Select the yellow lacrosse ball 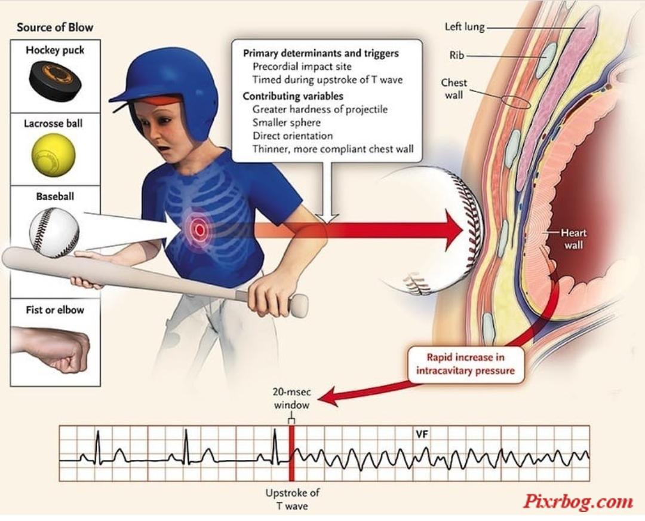54,155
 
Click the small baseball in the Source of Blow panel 54,232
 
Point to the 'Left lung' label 465,27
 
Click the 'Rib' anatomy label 457,55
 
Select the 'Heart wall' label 573,239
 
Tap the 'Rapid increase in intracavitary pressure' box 466,364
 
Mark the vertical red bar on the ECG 291,453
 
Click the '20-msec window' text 291,399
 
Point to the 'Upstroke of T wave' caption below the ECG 292,499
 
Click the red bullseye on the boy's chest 199,229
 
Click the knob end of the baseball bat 299,305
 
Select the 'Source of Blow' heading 55,27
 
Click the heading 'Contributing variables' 293,96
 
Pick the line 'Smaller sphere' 287,122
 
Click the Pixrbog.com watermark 578,502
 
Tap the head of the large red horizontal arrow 456,230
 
